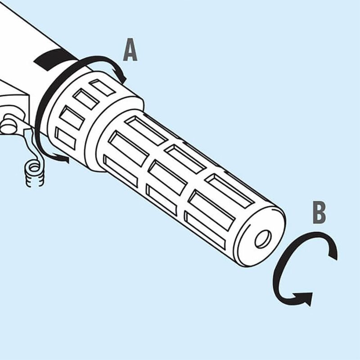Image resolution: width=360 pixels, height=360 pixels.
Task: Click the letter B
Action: (319, 212)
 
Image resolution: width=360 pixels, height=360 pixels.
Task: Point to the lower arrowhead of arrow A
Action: (64, 159)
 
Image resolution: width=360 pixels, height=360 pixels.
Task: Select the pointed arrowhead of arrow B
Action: (306, 298)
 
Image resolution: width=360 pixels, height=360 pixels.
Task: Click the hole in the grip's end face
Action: (263, 239)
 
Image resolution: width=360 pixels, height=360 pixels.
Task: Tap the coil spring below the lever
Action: (35, 173)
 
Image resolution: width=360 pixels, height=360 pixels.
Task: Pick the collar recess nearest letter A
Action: (102, 87)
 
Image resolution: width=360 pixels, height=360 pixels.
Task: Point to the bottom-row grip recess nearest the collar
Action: (121, 171)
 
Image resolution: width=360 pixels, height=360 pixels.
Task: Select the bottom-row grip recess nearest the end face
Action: (205, 230)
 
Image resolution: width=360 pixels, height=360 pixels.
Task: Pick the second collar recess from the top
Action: (85, 99)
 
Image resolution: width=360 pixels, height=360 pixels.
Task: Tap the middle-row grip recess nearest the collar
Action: (128, 148)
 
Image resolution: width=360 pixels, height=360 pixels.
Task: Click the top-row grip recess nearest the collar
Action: (147, 130)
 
